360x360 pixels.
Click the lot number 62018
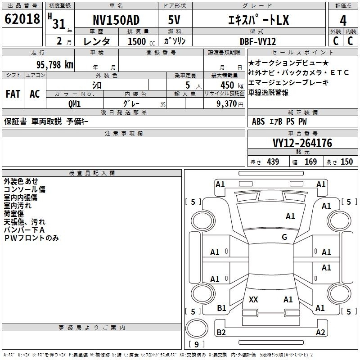pos(22,19)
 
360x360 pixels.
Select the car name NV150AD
pos(116,20)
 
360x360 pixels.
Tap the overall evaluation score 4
pos(343,21)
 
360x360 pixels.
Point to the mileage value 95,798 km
pos(54,65)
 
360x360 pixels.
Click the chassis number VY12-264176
pos(302,143)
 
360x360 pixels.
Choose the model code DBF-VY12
pos(257,41)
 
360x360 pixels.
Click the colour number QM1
pos(74,104)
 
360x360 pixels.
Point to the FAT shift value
pos(13,94)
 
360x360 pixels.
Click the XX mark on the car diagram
pos(253,299)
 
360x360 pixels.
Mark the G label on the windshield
pos(284,237)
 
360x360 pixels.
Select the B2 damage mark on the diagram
pos(221,332)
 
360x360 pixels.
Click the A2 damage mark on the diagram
pos(320,332)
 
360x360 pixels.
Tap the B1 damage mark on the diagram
pos(221,308)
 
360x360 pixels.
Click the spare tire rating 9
pos(197,344)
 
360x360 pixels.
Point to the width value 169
pos(310,162)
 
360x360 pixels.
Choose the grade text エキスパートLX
pos(258,20)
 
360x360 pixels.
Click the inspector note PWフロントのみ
pos(31,238)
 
